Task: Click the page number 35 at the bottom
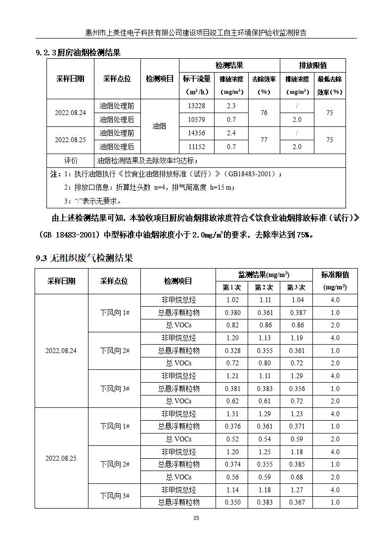(196, 518)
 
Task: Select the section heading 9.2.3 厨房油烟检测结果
(79, 52)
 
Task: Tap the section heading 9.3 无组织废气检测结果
(85, 258)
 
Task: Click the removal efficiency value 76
(263, 113)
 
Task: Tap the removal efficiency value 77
(263, 140)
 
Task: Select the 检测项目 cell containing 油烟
(159, 126)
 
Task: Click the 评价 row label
(71, 160)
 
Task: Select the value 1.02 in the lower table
(232, 300)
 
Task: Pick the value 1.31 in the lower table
(232, 414)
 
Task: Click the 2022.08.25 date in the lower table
(61, 458)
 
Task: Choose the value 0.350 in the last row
(232, 502)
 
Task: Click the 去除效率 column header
(263, 85)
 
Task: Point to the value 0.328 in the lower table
(232, 351)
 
